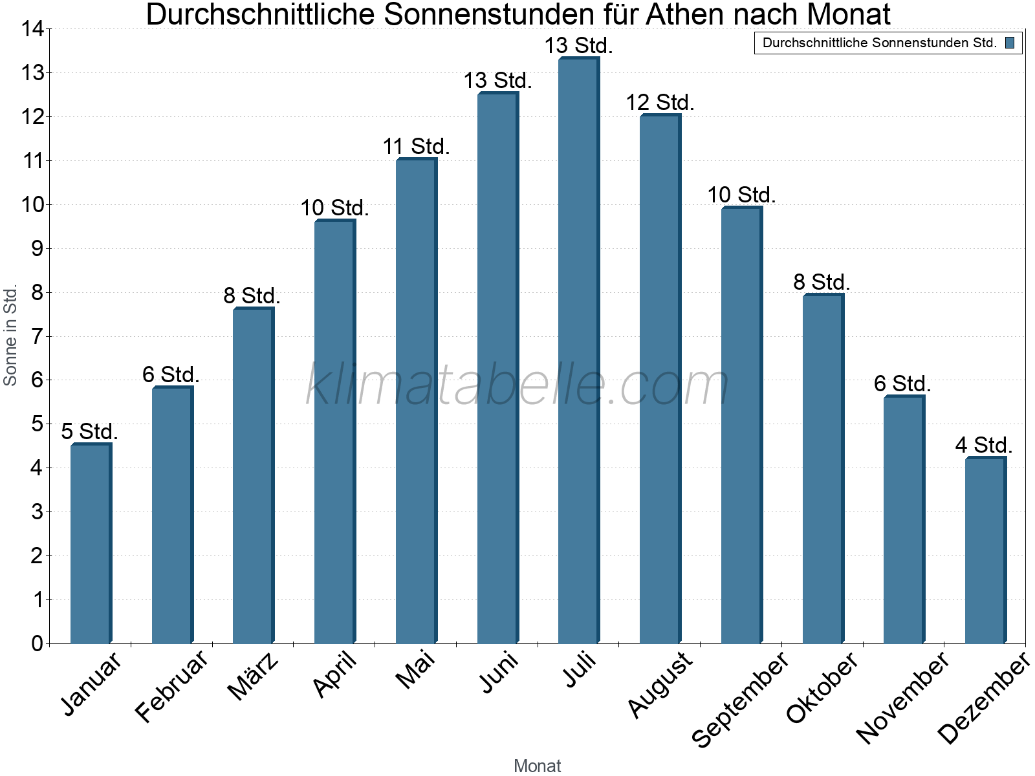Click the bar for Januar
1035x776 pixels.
pyautogui.click(x=91, y=543)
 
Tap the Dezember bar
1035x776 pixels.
pyautogui.click(x=985, y=550)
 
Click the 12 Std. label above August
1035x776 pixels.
pyautogui.click(x=660, y=102)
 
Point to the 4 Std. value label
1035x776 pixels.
pyautogui.click(x=984, y=445)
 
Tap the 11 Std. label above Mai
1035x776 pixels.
pyautogui.click(x=416, y=146)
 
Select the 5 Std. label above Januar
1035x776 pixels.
pyautogui.click(x=90, y=431)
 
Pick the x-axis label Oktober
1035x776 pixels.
pyautogui.click(x=822, y=687)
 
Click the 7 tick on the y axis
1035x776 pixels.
pyautogui.click(x=36, y=336)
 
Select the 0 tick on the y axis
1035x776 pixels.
pyautogui.click(x=36, y=643)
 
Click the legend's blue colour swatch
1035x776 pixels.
pyautogui.click(x=1010, y=43)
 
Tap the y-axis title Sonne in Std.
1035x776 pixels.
pyautogui.click(x=10, y=336)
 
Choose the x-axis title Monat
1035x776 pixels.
pyautogui.click(x=537, y=766)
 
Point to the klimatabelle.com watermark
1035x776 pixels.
pyautogui.click(x=517, y=385)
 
